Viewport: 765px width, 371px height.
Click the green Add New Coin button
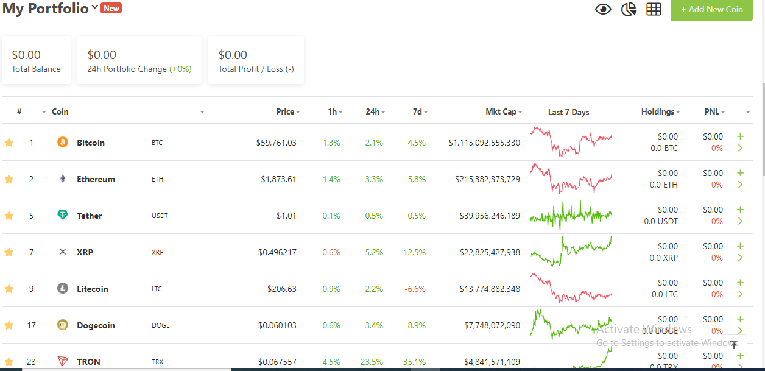pyautogui.click(x=711, y=10)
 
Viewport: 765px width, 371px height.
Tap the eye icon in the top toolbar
pyautogui.click(x=603, y=9)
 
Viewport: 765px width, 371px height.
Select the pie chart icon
pyautogui.click(x=629, y=9)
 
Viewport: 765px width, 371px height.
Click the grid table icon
pyautogui.click(x=654, y=9)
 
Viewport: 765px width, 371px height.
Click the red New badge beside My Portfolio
pyautogui.click(x=111, y=8)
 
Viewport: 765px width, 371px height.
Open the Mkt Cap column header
pyautogui.click(x=501, y=111)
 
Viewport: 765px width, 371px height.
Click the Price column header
pyautogui.click(x=285, y=111)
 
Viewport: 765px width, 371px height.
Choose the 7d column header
pyautogui.click(x=417, y=111)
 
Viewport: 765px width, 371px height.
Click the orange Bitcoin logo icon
pyautogui.click(x=63, y=142)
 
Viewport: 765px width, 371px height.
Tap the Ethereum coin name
pyautogui.click(x=96, y=179)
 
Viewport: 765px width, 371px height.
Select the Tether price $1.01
pyautogui.click(x=286, y=216)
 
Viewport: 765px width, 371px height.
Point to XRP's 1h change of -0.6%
pyautogui.click(x=330, y=252)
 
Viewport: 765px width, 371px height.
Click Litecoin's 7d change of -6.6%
pyautogui.click(x=415, y=289)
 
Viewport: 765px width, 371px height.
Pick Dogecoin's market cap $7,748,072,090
pyautogui.click(x=492, y=325)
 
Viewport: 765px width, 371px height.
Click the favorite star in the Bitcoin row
pyautogui.click(x=9, y=143)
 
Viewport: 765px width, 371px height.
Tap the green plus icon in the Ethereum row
pyautogui.click(x=740, y=173)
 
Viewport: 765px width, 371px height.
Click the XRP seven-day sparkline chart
pyautogui.click(x=571, y=252)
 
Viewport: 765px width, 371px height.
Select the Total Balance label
pyautogui.click(x=36, y=69)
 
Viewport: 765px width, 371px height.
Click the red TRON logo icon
pyautogui.click(x=63, y=361)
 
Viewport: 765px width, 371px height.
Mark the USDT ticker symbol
pyautogui.click(x=160, y=216)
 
